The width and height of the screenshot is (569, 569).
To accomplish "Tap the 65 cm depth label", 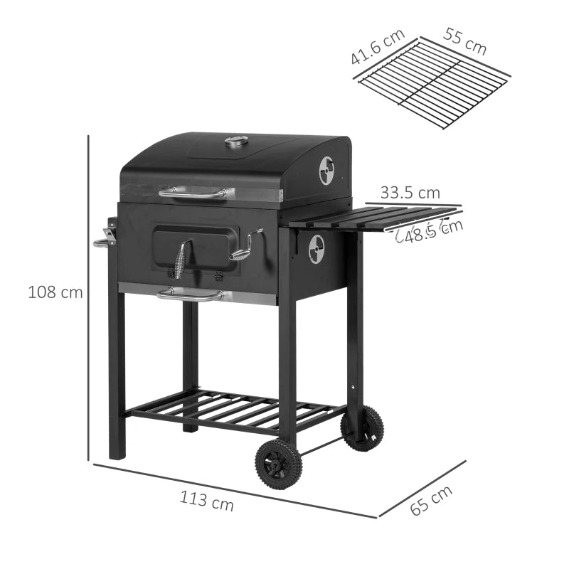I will tap(432, 500).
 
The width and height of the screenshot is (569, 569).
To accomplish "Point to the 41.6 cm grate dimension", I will tap(377, 47).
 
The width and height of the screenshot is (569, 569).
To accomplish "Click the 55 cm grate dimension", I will tap(466, 41).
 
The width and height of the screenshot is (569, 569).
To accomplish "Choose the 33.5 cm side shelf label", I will tap(410, 192).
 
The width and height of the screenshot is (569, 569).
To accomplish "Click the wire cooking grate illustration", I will tap(434, 84).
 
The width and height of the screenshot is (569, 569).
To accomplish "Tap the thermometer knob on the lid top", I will tap(237, 142).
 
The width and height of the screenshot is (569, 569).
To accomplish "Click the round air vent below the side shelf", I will tap(316, 249).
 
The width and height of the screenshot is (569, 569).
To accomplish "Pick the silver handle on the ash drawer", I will tap(190, 294).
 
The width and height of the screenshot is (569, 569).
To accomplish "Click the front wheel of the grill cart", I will tap(278, 464).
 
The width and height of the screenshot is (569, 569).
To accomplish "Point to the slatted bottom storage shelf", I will tap(235, 410).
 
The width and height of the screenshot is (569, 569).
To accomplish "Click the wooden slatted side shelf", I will tap(370, 216).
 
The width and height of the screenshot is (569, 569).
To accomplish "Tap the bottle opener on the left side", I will tap(107, 235).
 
